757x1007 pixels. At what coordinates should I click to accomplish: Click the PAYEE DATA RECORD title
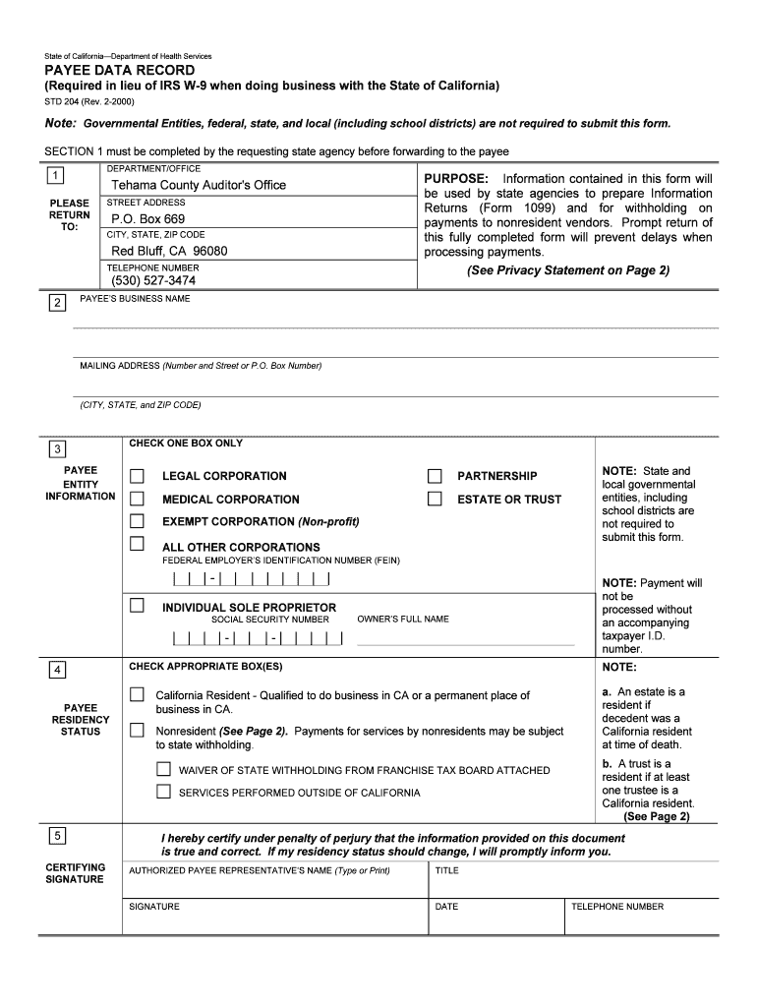coord(120,72)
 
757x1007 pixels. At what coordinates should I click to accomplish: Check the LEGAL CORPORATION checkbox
coord(138,476)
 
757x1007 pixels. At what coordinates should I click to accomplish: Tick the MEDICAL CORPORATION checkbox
coord(138,499)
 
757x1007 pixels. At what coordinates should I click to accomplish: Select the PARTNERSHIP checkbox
coord(435,476)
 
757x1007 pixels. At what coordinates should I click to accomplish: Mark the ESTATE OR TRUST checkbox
coord(435,499)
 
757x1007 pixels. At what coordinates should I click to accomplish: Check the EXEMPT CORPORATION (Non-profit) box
coord(138,521)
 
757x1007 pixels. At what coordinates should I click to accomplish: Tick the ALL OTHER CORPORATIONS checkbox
coord(138,544)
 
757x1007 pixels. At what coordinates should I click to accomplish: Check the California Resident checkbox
coord(137,695)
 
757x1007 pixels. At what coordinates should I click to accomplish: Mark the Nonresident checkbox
coord(137,731)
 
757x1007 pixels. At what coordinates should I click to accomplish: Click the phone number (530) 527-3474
coord(153,280)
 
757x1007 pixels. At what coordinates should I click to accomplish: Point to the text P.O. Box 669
coord(147,218)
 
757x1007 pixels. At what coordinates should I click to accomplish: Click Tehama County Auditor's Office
coord(199,185)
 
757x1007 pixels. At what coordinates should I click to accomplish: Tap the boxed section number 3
coord(58,450)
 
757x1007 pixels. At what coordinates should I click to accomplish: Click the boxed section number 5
coord(58,837)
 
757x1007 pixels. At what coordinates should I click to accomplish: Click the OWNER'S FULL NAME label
coord(403,620)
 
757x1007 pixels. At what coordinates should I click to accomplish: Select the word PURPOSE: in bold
coord(456,179)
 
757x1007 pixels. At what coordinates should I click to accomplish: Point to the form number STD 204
coord(65,100)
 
